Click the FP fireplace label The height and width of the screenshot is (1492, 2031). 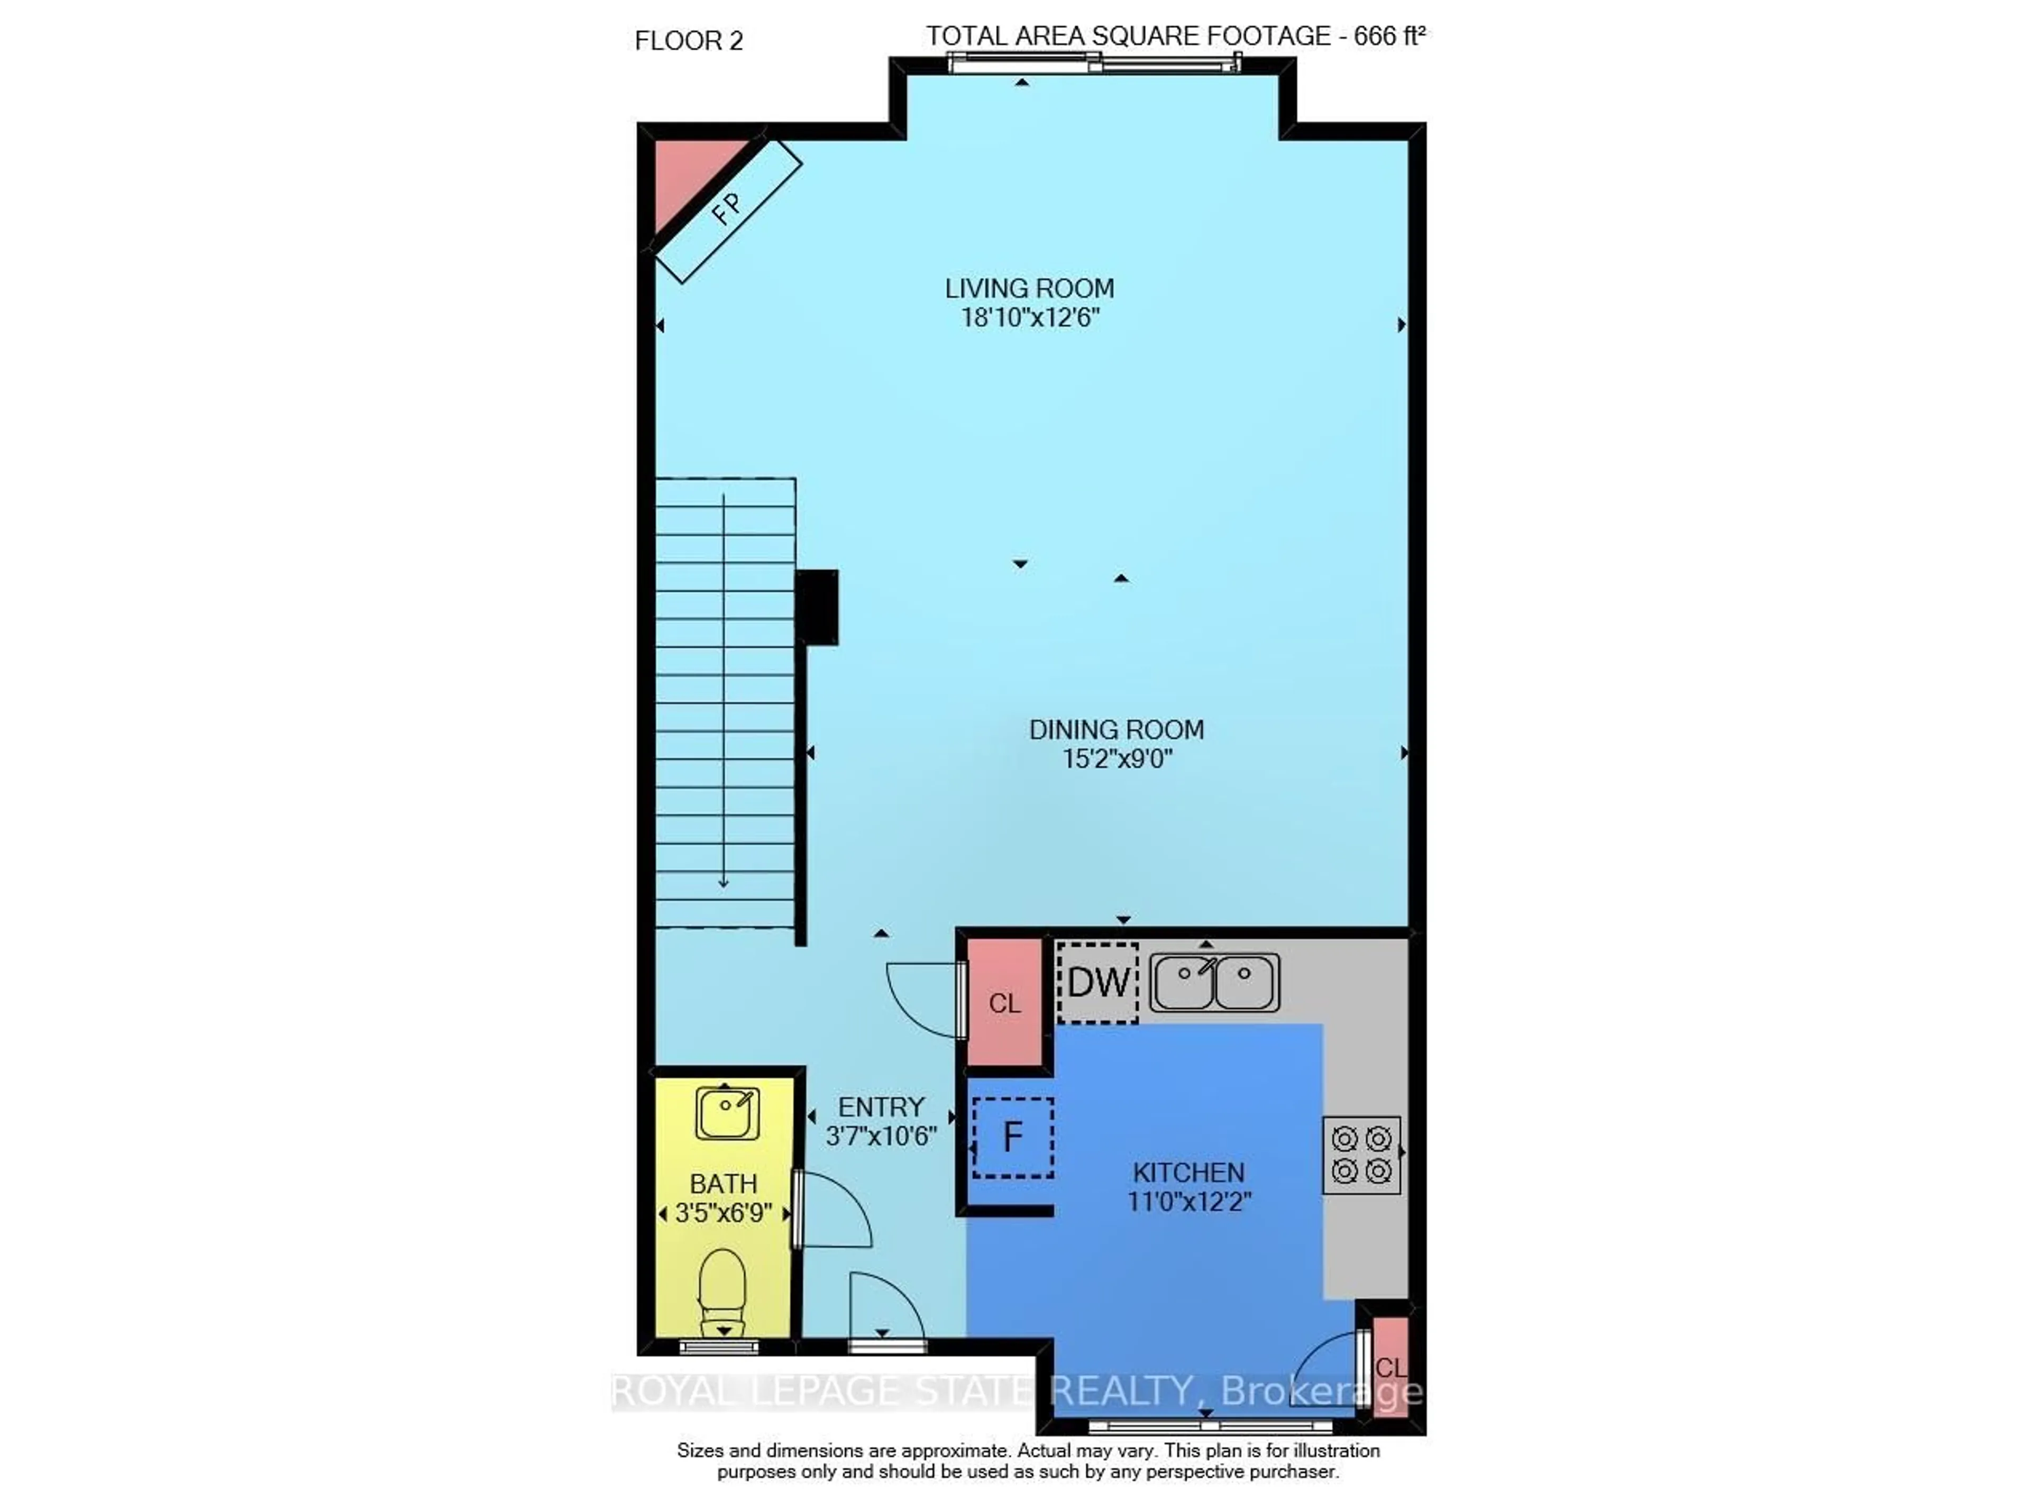[727, 209]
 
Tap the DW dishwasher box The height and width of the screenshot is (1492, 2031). [1097, 983]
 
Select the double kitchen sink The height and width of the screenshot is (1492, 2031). [1214, 983]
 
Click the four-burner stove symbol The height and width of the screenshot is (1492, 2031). [1361, 1155]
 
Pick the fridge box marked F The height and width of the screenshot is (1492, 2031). [1012, 1137]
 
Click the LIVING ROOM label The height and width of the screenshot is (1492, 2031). [1029, 289]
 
